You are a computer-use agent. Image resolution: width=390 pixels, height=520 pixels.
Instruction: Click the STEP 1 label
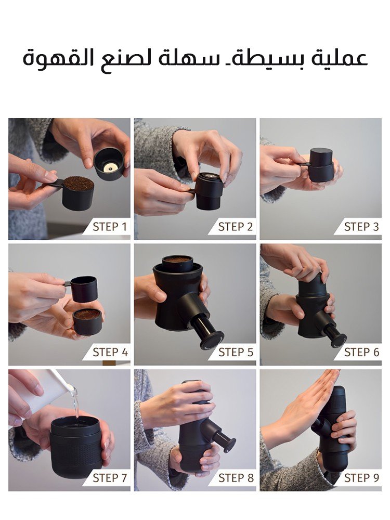(110, 227)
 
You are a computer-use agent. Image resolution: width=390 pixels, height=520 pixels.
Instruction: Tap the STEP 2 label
(236, 227)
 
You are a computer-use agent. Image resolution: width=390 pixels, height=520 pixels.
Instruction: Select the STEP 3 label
(361, 227)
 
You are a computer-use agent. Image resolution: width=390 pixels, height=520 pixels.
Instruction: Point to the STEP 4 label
(110, 352)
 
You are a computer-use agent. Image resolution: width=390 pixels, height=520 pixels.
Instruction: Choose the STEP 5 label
(236, 352)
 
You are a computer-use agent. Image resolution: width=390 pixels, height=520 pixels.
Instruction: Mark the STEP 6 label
(361, 352)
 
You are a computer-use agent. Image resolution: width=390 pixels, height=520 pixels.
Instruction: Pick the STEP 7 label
(110, 478)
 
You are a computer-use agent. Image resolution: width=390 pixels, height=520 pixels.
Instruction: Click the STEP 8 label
(236, 478)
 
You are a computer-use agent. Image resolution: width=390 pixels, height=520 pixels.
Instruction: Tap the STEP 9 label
(361, 478)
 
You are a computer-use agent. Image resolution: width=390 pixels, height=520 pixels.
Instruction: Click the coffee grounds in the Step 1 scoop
(79, 183)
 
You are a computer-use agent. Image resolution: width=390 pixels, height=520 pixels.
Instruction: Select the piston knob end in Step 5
(212, 340)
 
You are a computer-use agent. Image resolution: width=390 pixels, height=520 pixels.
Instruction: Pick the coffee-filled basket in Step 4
(87, 321)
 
